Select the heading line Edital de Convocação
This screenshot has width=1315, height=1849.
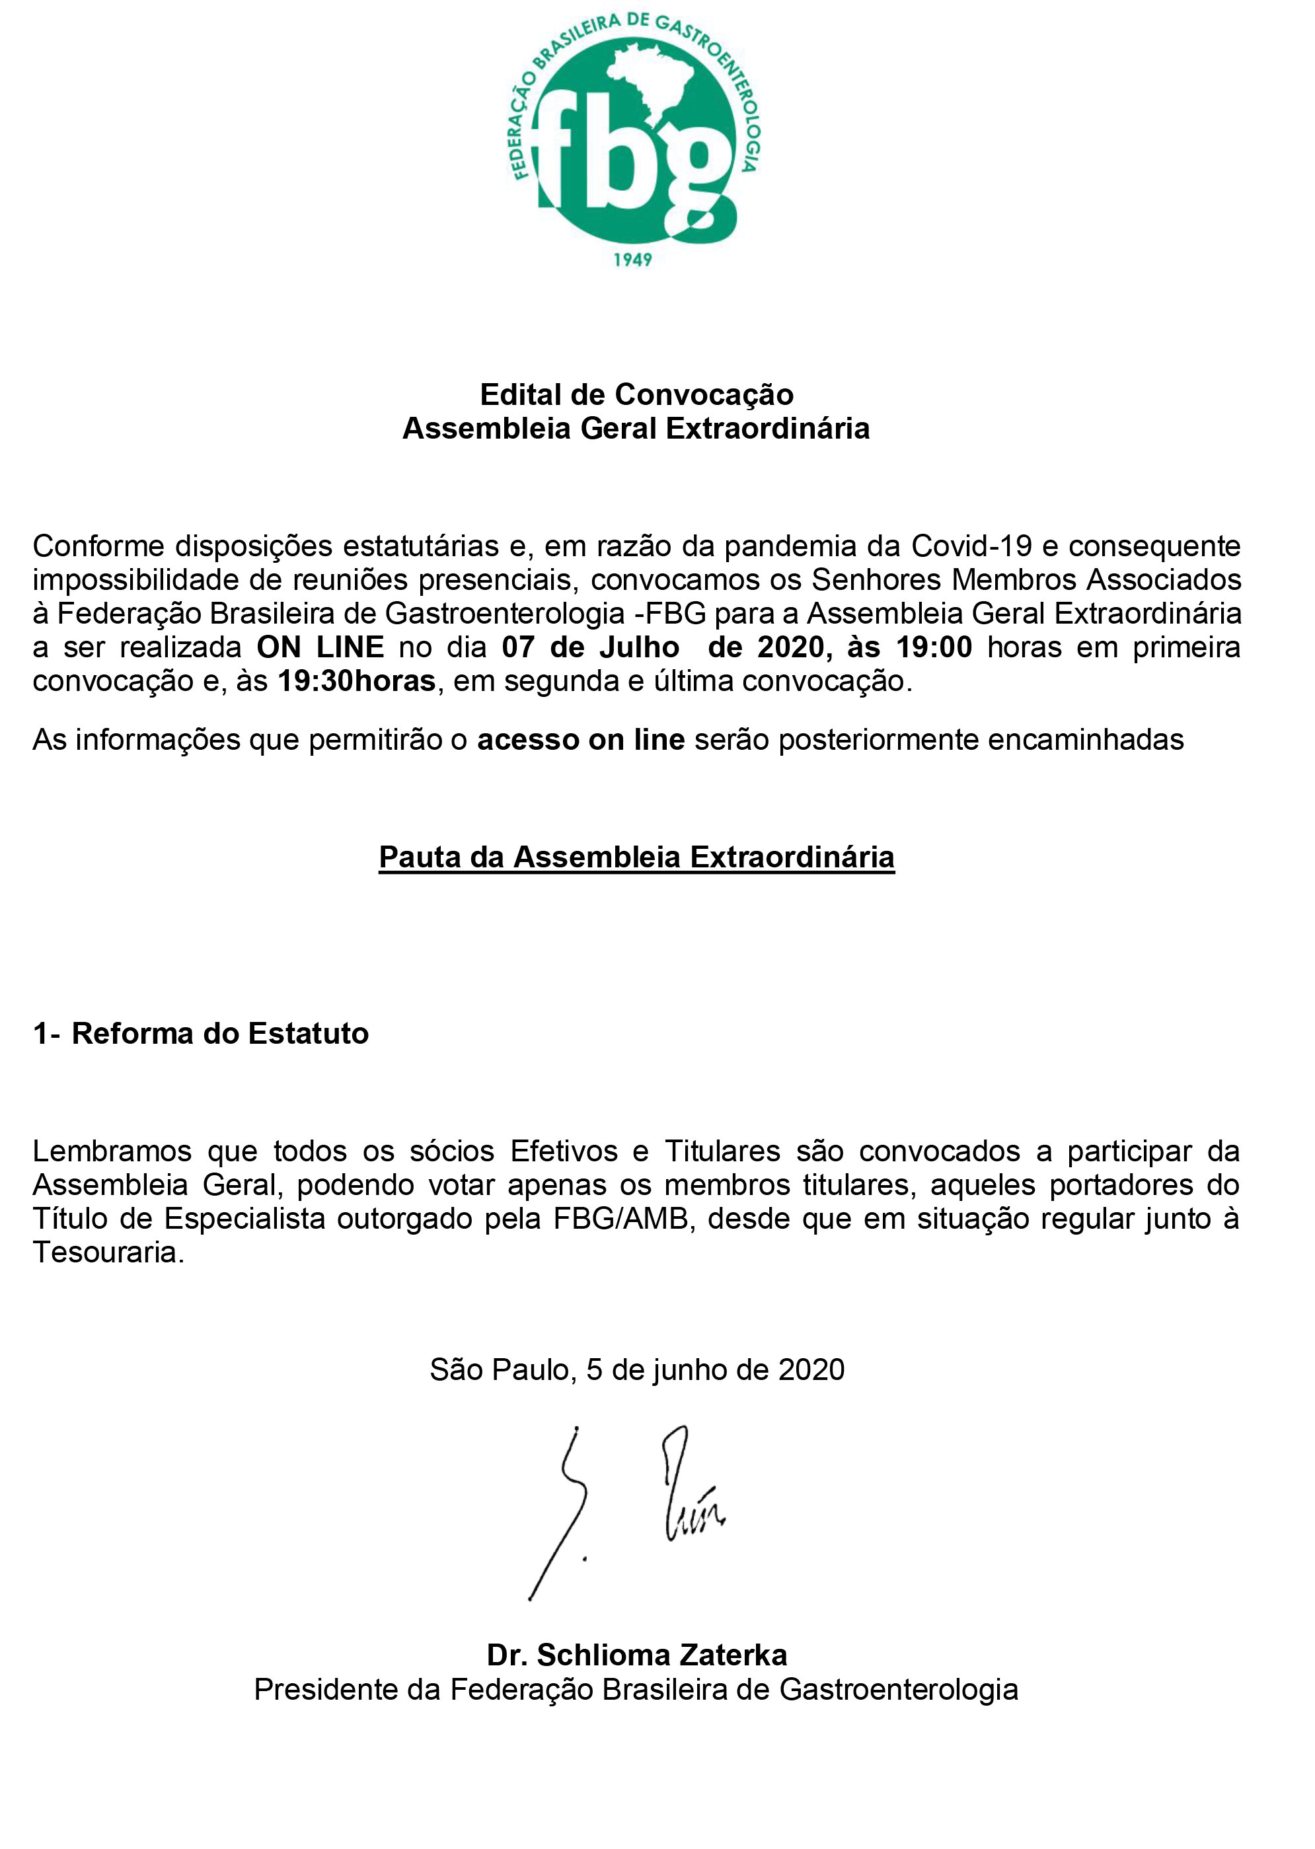coord(636,394)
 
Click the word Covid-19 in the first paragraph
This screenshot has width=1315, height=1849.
coord(971,546)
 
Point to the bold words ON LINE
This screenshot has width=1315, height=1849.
coord(320,647)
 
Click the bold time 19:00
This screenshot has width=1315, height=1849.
coord(934,647)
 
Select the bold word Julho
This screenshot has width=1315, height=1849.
coord(640,647)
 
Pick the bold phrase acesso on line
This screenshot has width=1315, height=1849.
coord(581,739)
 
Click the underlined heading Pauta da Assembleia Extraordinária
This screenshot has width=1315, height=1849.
coord(636,857)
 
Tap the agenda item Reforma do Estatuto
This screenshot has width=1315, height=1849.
coord(219,1034)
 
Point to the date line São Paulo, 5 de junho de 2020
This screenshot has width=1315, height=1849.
coord(636,1369)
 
